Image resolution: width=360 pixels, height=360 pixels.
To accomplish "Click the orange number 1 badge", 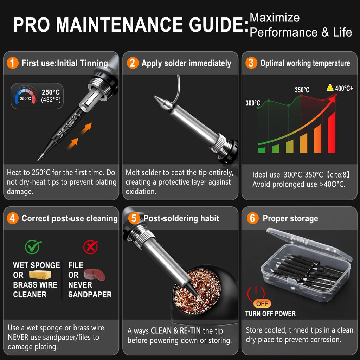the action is [13, 63].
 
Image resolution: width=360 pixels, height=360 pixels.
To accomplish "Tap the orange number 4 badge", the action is [13, 218].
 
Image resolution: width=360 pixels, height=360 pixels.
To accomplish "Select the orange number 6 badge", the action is [252, 218].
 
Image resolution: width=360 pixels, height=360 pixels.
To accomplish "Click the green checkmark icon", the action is [33, 247].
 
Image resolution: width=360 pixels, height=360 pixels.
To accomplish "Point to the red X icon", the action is [90, 247].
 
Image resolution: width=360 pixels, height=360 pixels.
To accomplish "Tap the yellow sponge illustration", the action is [40, 275].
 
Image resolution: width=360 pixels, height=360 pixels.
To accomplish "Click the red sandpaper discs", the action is [95, 275].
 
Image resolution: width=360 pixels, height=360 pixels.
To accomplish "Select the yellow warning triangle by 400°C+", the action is [330, 88].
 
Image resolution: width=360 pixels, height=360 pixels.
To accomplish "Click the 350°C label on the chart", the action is [302, 90].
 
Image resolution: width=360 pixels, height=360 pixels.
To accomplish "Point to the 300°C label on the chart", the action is [253, 103].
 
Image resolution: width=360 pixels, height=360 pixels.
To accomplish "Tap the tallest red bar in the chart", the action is [332, 132].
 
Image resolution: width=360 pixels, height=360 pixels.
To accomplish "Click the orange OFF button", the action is [262, 303].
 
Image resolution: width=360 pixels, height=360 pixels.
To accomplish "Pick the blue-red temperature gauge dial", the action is [25, 95].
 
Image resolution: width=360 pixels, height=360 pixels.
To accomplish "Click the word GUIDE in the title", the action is [219, 25].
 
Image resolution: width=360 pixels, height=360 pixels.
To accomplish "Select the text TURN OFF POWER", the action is [270, 314].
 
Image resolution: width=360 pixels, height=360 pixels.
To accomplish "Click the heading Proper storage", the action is [290, 219].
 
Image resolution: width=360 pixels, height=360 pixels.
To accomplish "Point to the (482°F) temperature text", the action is [51, 100].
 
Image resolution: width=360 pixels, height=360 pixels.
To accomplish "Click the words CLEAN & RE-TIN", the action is [176, 330].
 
